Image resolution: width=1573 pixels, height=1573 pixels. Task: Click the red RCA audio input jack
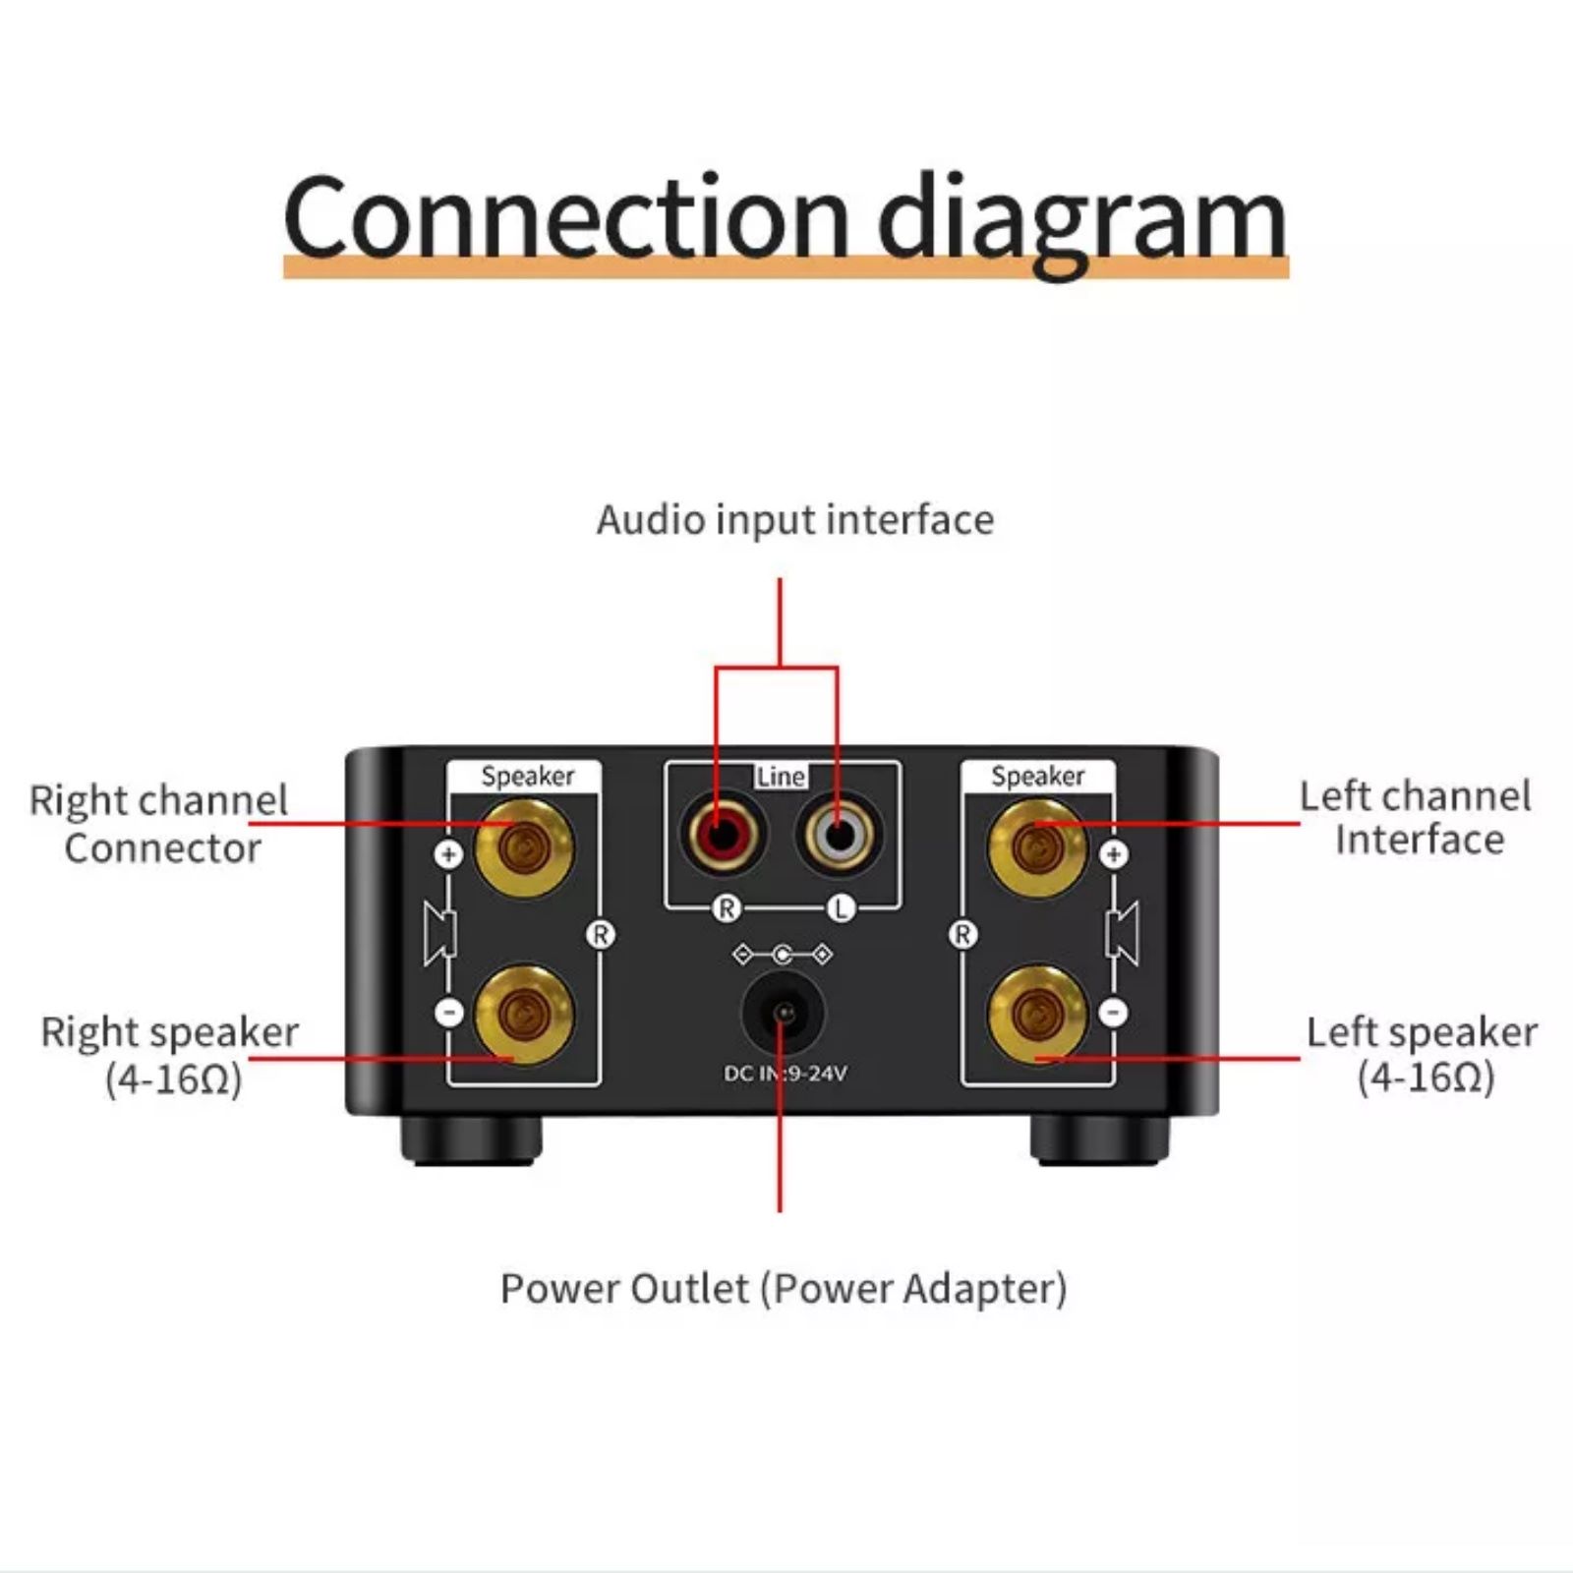[725, 836]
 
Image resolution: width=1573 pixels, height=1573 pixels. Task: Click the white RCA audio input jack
[839, 836]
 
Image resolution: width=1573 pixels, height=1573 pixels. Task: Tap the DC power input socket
[783, 1012]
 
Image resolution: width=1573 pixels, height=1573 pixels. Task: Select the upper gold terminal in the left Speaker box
[523, 847]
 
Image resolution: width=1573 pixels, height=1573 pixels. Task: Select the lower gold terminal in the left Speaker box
[523, 1013]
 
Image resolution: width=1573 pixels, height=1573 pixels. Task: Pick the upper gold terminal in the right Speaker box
[1036, 847]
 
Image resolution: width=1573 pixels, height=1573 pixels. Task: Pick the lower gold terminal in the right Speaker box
[1036, 1013]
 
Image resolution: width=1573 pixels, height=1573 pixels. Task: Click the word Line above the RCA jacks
[781, 777]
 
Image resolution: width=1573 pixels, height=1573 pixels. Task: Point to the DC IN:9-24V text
[785, 1074]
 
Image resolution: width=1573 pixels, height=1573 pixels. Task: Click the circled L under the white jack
[840, 908]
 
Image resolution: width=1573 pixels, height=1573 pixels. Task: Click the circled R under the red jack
[726, 908]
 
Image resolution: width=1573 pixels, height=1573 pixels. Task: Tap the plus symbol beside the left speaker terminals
[449, 854]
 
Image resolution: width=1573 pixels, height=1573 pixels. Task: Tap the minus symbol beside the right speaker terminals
[1113, 1012]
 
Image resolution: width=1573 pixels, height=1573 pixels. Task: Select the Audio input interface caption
[794, 520]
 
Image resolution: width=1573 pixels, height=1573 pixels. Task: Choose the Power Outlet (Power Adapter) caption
[783, 1289]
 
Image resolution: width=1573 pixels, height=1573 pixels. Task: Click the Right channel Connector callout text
[159, 824]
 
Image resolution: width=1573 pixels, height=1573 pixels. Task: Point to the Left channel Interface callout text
[1416, 818]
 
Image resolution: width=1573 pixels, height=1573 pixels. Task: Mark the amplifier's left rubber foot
[472, 1140]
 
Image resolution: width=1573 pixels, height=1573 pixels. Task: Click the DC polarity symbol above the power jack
[783, 955]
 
